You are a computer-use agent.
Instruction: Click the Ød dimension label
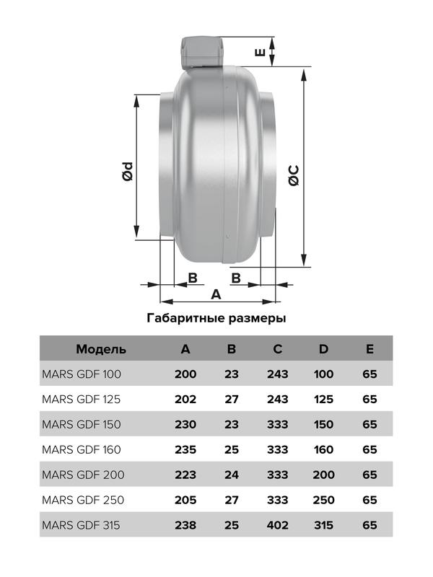click(128, 172)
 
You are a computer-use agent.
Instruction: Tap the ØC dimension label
click(294, 176)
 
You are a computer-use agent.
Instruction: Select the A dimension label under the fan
click(215, 294)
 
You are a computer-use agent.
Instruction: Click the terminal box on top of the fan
click(200, 51)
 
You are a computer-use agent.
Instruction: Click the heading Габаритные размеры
click(216, 317)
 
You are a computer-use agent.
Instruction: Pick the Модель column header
click(101, 350)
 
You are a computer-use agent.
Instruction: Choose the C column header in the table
click(278, 350)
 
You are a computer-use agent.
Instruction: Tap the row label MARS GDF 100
click(82, 374)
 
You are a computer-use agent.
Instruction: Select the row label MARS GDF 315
click(82, 524)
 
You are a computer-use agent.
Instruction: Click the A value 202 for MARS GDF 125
click(186, 399)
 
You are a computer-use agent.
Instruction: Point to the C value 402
click(278, 524)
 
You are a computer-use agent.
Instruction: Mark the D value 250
click(324, 500)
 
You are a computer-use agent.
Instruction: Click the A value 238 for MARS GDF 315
click(186, 524)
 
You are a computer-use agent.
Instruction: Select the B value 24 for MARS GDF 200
click(232, 475)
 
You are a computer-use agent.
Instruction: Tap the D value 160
click(324, 449)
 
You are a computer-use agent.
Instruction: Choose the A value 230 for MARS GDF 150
click(186, 424)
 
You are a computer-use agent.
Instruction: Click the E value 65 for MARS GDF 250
click(369, 500)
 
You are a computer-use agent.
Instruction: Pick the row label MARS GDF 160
click(82, 449)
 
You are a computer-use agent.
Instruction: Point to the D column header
click(324, 350)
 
